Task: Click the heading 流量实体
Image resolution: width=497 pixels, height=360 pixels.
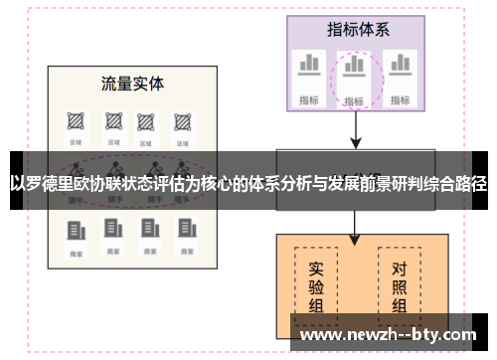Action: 132,83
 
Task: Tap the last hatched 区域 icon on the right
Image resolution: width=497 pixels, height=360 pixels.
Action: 182,122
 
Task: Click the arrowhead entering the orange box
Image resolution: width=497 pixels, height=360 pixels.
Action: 355,239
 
